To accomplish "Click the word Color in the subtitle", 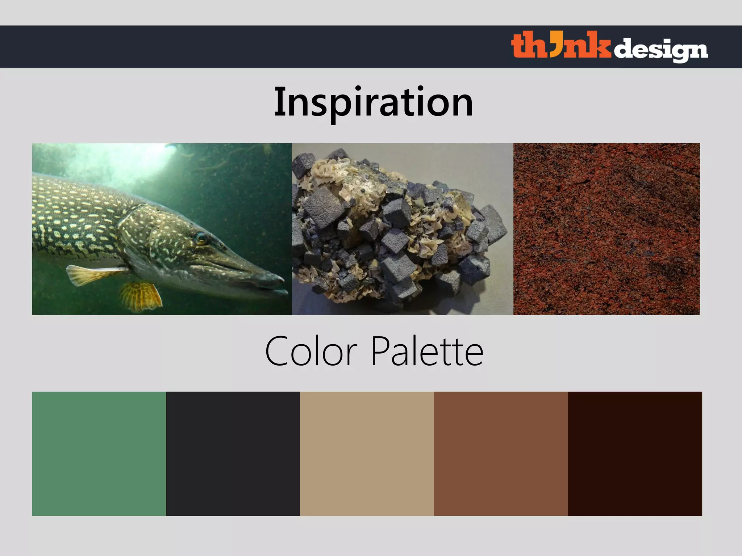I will point(311,351).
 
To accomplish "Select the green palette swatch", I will point(99,454).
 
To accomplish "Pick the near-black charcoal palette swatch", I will point(233,454).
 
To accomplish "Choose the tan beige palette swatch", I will point(367,454).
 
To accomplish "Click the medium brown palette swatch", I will point(501,454).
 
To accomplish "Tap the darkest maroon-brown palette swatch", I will point(635,454).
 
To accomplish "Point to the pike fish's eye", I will point(200,238).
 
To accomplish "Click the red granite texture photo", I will point(606,229).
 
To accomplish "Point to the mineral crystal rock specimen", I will point(399,232).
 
